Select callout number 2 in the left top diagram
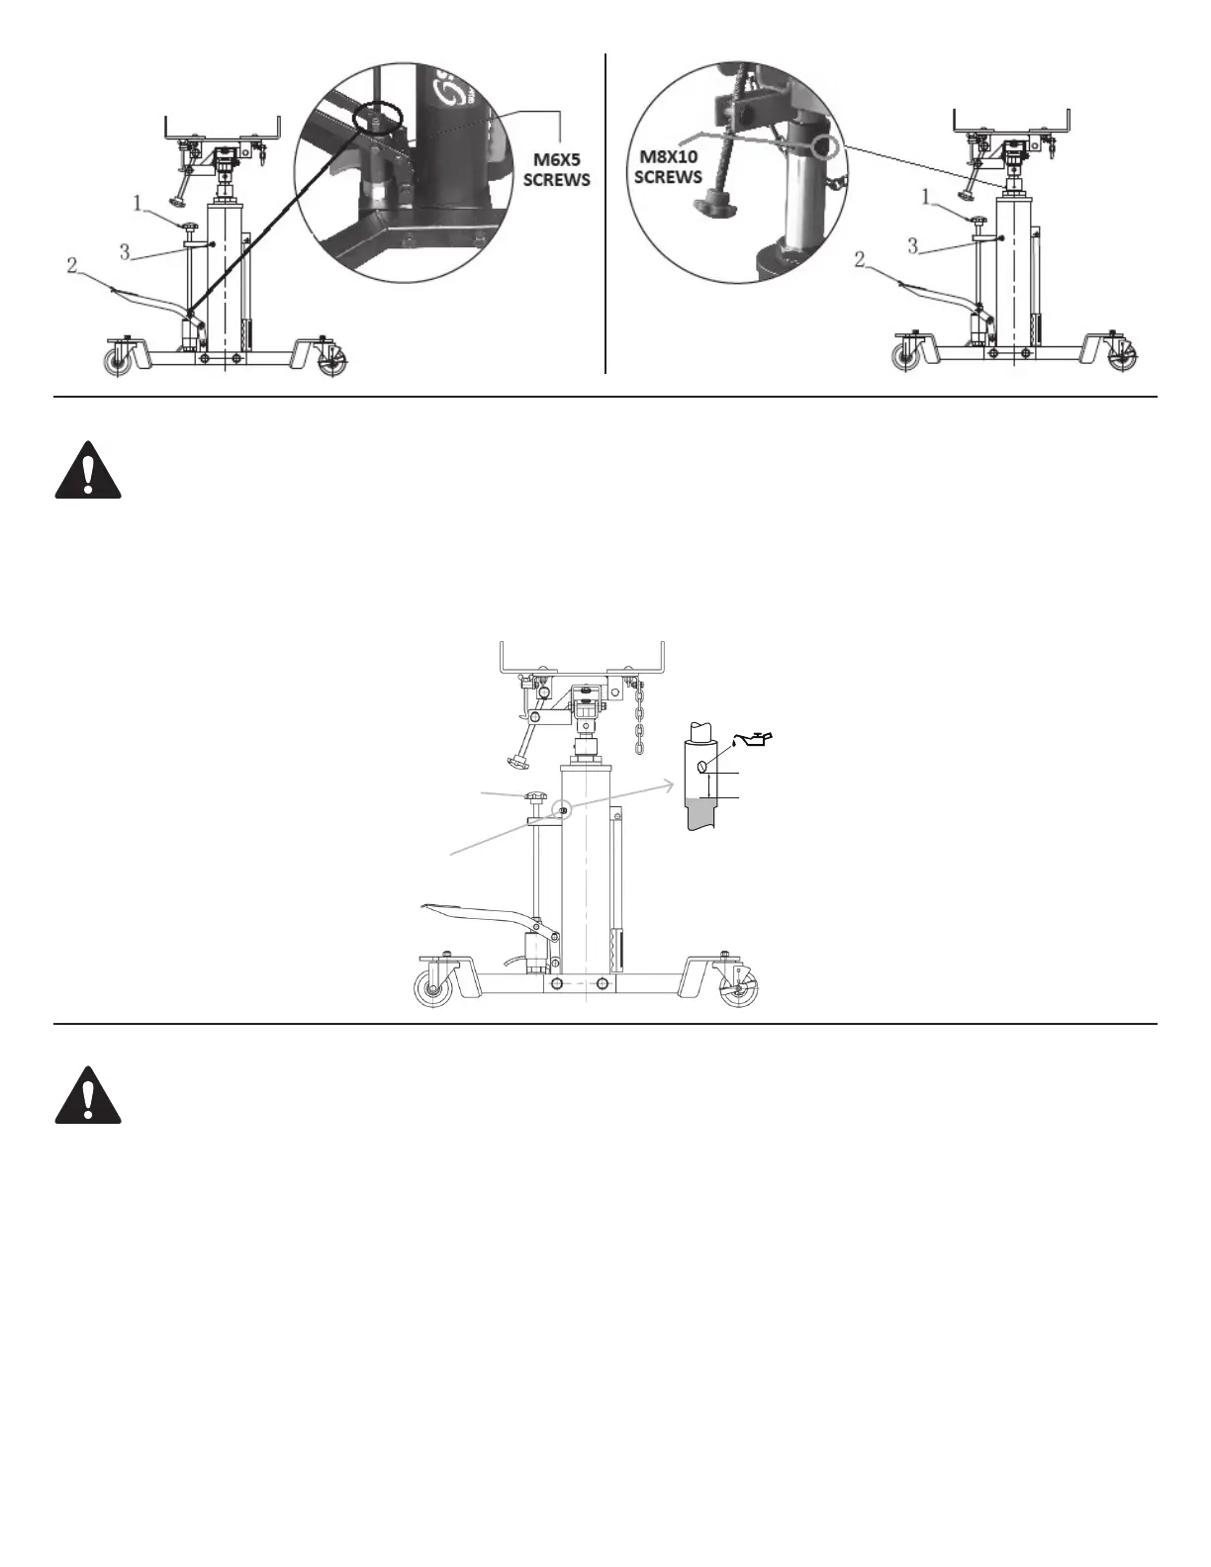(71, 265)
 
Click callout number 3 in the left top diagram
(125, 252)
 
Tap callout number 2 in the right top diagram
(861, 259)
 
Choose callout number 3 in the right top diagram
(913, 245)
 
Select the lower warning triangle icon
(88, 1096)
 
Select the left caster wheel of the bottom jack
(432, 989)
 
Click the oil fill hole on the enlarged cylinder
(701, 766)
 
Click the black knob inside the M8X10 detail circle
(711, 207)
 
